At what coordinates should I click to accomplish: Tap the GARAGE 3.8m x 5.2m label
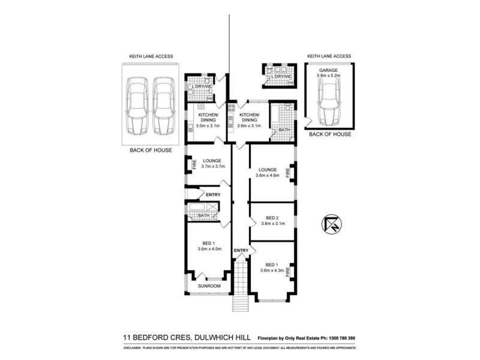[329, 74]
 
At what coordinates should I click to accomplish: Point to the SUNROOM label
[209, 287]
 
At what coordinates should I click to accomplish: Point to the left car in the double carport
[137, 106]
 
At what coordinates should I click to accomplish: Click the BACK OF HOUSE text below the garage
[329, 135]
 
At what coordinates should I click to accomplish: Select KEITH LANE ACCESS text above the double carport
[151, 56]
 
